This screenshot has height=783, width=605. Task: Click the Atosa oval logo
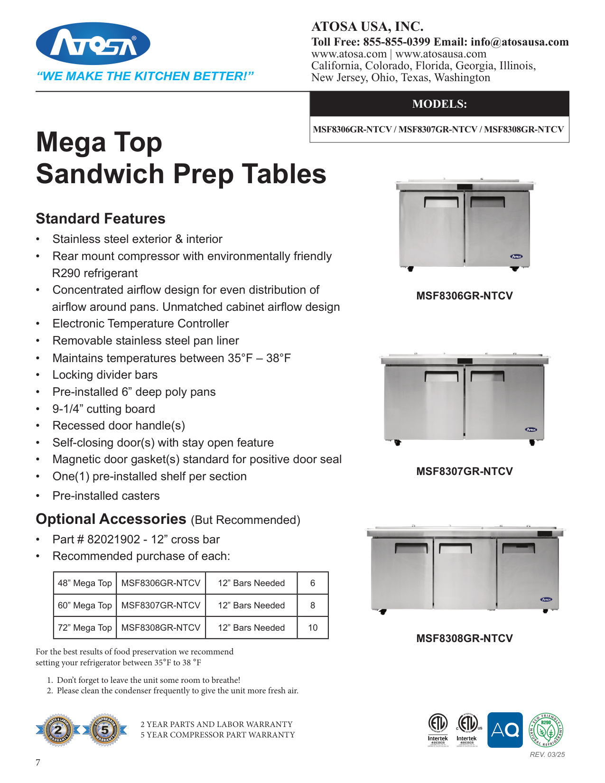tap(93, 44)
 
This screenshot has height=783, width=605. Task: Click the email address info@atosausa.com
tap(520, 42)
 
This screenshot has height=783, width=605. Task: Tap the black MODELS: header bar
tap(439, 104)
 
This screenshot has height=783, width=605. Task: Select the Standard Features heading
tap(101, 219)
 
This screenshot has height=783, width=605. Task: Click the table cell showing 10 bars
tap(313, 628)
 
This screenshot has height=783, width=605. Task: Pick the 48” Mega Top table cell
tap(85, 583)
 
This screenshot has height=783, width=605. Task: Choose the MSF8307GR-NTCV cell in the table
tap(161, 606)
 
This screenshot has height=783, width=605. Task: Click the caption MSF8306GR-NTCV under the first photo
tap(465, 296)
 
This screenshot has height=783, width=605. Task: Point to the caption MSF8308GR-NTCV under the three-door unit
tap(465, 639)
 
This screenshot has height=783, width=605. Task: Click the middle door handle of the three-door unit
tap(455, 549)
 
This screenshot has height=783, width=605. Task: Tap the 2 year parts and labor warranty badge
tap(58, 730)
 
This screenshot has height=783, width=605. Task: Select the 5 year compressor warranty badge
tap(105, 730)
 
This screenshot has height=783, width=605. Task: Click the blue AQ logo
tap(505, 730)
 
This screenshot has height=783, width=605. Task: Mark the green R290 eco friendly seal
tap(546, 730)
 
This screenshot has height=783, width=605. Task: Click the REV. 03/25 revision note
tap(547, 755)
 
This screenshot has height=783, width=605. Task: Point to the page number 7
tap(38, 763)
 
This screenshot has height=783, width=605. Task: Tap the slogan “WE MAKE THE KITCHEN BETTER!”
tap(145, 76)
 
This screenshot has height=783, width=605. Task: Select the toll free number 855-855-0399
tap(397, 42)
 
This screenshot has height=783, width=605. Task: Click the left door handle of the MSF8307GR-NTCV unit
tap(441, 377)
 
